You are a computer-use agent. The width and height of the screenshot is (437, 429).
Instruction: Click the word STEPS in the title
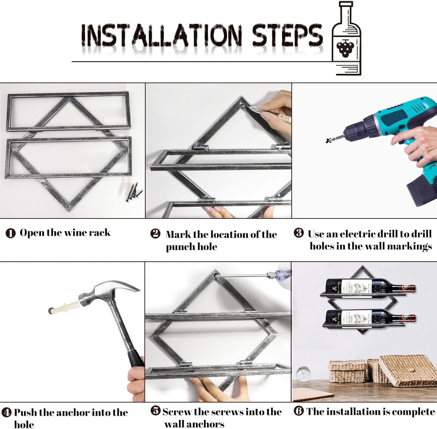point(287,35)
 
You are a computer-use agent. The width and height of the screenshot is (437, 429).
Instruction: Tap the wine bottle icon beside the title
point(346,38)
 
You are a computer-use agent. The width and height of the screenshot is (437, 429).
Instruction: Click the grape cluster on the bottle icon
point(345,48)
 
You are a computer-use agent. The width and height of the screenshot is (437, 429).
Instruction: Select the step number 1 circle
point(10,233)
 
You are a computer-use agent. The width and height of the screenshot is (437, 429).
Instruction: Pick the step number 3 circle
point(299,233)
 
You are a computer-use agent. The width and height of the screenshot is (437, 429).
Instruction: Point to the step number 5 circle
point(156,411)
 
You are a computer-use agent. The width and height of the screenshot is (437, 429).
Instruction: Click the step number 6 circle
point(299,411)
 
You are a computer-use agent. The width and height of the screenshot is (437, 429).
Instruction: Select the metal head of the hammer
point(109,291)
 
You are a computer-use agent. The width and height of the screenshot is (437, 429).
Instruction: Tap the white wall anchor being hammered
point(64,308)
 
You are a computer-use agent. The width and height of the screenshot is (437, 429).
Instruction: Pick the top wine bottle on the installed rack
point(370,286)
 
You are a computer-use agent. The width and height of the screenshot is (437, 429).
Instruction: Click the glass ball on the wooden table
point(303,374)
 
